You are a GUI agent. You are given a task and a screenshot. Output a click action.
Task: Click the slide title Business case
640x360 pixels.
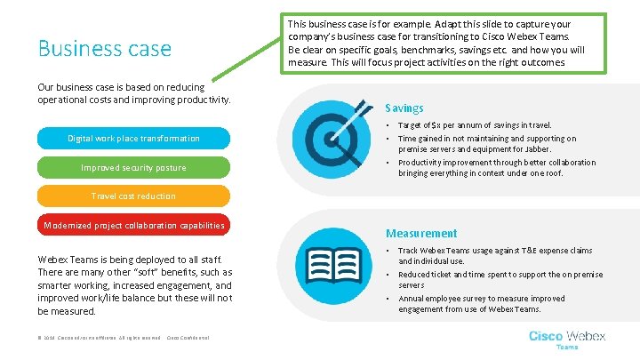pos(104,48)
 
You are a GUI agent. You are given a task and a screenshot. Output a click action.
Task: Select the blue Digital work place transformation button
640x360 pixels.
pos(133,139)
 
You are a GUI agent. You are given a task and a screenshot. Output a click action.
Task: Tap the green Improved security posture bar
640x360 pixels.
pos(133,167)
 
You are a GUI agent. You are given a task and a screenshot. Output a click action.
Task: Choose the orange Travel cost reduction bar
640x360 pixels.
pos(133,196)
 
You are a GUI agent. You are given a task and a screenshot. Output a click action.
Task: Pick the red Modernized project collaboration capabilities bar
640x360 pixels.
pos(133,225)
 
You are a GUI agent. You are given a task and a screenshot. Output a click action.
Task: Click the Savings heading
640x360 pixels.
pos(404,108)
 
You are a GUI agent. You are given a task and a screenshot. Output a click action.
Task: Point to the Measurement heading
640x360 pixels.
pos(420,233)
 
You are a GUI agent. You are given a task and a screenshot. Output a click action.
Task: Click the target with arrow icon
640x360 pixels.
pos(332,135)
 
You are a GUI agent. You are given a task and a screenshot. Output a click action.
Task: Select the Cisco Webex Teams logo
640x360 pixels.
pos(567,339)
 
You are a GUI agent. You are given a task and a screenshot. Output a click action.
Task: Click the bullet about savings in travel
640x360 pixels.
pos(475,125)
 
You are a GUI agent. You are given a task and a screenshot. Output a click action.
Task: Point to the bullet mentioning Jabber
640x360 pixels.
pos(486,144)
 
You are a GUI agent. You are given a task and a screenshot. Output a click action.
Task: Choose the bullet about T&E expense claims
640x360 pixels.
pos(495,256)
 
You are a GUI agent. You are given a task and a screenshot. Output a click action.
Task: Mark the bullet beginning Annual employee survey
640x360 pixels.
pos(481,304)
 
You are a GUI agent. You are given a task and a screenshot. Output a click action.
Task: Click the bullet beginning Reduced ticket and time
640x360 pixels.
pos(500,280)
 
